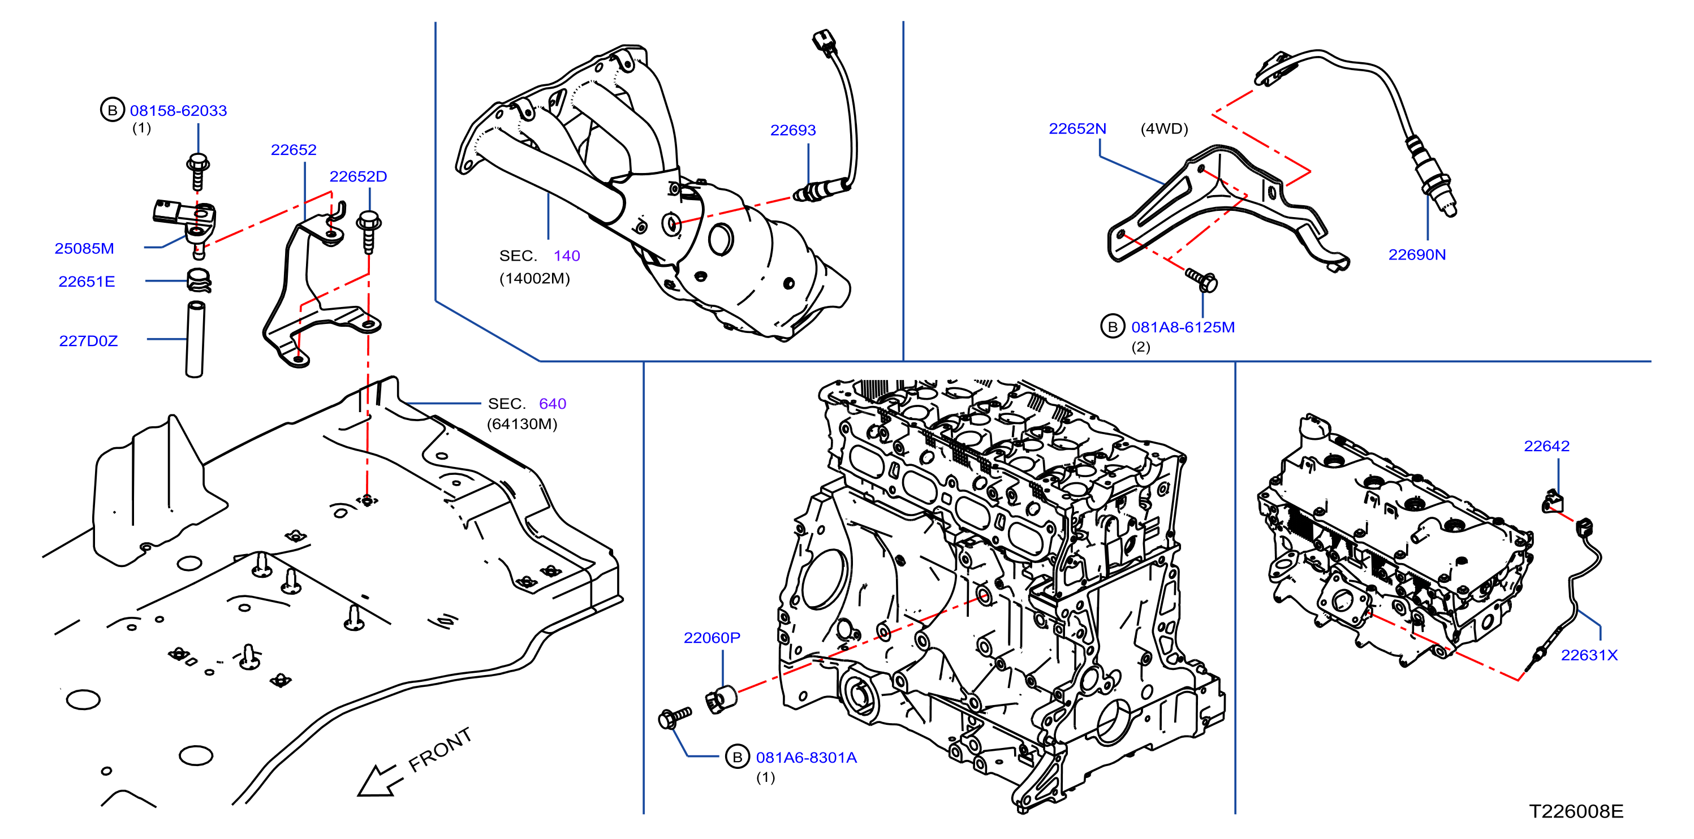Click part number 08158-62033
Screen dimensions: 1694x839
[x=178, y=110]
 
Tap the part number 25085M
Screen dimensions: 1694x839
[x=84, y=249]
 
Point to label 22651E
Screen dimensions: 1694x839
[x=87, y=282]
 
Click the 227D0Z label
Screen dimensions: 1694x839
[x=88, y=340]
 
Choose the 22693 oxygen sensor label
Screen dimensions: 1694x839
[x=792, y=130]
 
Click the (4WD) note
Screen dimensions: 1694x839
[x=1164, y=128]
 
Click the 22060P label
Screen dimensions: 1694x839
[x=712, y=637]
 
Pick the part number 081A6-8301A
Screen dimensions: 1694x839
[x=806, y=758]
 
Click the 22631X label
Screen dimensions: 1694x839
[x=1589, y=655]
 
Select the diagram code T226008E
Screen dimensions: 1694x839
[x=1576, y=811]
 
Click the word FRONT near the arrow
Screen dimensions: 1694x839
[x=440, y=750]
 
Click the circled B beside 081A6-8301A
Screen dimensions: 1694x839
[x=737, y=757]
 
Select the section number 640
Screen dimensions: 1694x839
[x=553, y=403]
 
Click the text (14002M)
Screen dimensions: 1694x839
[x=535, y=278]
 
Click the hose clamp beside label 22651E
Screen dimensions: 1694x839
[x=198, y=281]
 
